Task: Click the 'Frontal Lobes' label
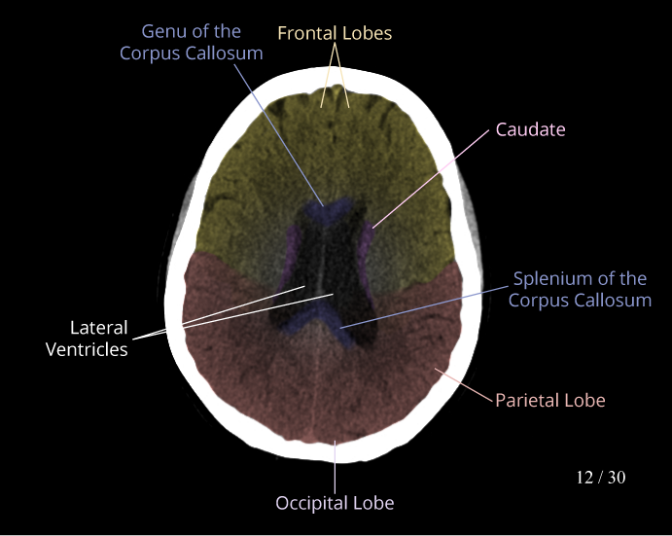pos(335,33)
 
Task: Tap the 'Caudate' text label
pos(530,129)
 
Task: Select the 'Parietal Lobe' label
pos(550,400)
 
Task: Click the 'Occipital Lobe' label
pos(335,503)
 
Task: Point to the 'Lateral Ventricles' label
pos(87,339)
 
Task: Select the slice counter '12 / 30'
pos(600,477)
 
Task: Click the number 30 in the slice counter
pos(616,477)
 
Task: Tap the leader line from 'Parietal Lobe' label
pos(465,384)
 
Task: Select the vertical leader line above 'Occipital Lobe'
pos(335,467)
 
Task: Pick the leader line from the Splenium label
pos(428,304)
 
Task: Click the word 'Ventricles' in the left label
pos(87,349)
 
